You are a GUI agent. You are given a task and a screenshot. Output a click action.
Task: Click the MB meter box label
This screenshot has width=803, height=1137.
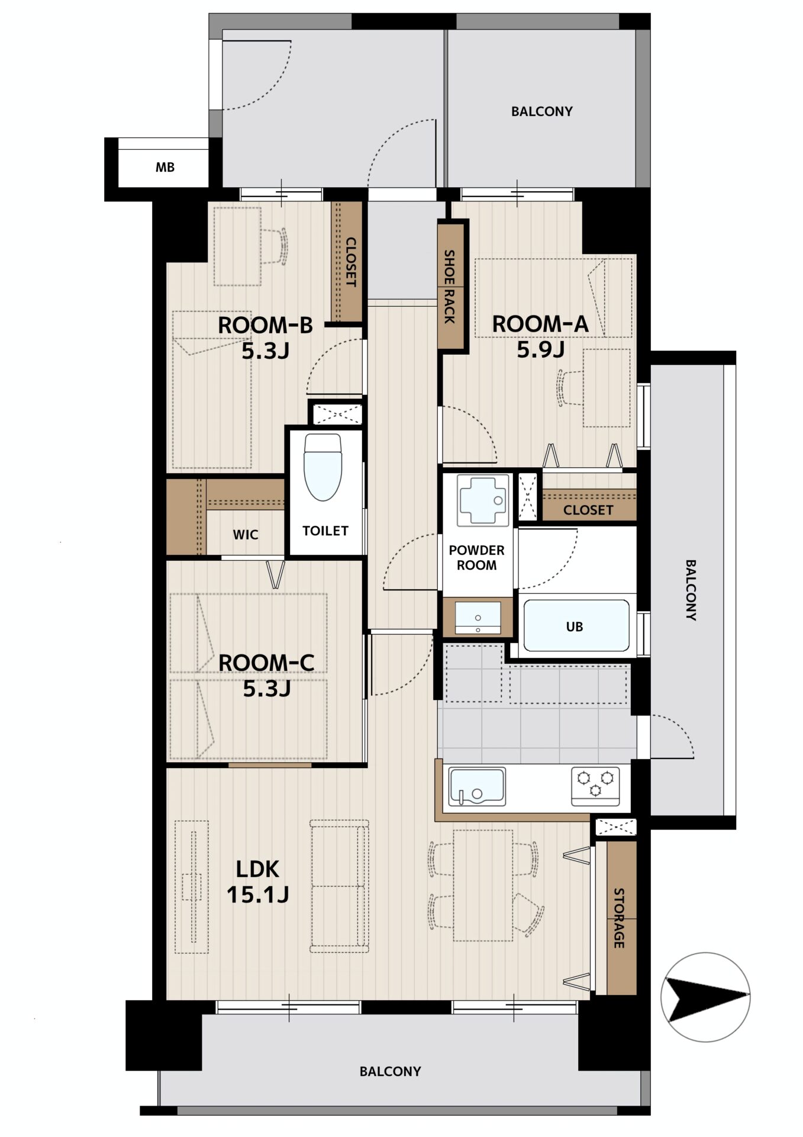click(x=165, y=168)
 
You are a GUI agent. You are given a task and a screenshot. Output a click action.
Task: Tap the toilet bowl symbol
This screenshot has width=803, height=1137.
click(x=323, y=467)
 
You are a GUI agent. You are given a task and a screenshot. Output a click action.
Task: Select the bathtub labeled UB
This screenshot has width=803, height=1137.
click(x=575, y=626)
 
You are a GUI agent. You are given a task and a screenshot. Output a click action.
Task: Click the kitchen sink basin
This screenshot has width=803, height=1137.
click(x=477, y=786)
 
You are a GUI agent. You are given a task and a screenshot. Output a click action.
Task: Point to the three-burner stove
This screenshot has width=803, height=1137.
click(x=595, y=786)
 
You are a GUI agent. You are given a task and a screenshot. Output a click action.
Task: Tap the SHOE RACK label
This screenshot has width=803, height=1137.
click(x=450, y=287)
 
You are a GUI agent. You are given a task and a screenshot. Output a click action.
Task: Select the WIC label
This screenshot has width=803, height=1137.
click(x=245, y=535)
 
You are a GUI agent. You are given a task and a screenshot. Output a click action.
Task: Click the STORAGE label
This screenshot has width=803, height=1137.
click(x=619, y=918)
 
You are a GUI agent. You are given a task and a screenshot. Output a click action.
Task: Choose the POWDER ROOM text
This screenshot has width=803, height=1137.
click(x=476, y=557)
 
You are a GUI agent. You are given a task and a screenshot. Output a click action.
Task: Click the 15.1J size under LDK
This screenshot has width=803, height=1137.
click(x=258, y=894)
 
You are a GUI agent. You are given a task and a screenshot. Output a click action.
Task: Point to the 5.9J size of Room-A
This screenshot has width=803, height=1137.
click(x=540, y=350)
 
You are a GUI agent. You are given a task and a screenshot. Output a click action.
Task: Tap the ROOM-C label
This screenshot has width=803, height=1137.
click(x=266, y=663)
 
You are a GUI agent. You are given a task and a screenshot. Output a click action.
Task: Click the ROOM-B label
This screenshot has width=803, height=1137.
click(x=265, y=325)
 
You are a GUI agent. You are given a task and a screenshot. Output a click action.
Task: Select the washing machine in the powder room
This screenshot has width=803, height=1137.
click(x=483, y=500)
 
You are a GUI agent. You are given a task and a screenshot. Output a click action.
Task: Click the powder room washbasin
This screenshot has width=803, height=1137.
click(x=478, y=617)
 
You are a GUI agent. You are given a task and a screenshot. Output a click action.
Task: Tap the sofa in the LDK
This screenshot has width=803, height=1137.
click(x=340, y=887)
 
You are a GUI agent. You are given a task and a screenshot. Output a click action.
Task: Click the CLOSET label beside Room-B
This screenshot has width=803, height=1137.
click(x=350, y=262)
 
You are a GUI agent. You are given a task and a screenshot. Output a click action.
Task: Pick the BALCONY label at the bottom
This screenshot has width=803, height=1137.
click(x=391, y=1071)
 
